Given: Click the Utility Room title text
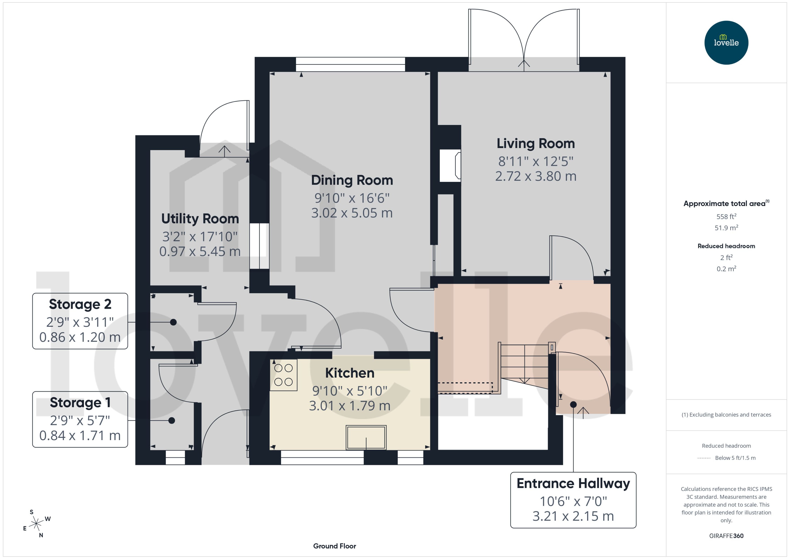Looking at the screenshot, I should click(x=200, y=219).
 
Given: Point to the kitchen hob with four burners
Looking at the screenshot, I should click(x=283, y=375).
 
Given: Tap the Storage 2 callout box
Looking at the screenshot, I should click(x=80, y=321).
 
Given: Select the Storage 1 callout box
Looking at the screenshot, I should click(x=80, y=419).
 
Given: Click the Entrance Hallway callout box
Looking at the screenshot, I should click(x=573, y=500).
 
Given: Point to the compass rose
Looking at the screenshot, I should click(x=36, y=524).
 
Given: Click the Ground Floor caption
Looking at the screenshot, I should click(x=334, y=546).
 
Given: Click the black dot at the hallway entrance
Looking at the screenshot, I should click(x=573, y=404).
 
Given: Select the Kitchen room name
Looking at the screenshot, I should click(x=349, y=373).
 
